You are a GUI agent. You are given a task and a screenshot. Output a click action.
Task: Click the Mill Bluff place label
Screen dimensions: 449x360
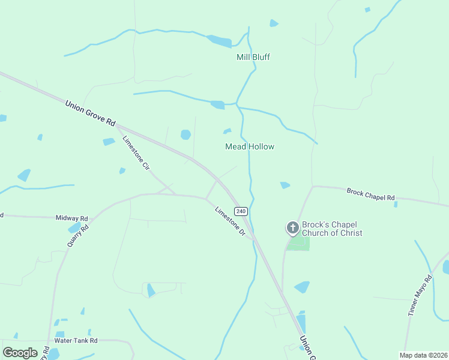click(x=253, y=57)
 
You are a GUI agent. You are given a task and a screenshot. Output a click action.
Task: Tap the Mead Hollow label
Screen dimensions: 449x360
click(x=249, y=146)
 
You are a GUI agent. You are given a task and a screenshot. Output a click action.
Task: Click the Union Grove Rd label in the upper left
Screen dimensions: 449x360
click(x=90, y=112)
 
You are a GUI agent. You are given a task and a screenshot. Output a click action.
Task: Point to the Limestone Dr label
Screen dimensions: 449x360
click(x=230, y=221)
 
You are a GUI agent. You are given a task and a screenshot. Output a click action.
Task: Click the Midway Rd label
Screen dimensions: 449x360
click(x=71, y=218)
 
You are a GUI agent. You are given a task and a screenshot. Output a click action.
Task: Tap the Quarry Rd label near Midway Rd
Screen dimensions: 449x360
click(x=78, y=239)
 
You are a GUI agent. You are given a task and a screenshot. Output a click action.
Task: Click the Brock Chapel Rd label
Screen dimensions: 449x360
click(x=370, y=194)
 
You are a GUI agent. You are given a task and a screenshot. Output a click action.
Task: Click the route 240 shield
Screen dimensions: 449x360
click(x=241, y=211)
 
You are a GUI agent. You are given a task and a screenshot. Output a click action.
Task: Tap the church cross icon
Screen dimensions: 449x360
click(x=292, y=227)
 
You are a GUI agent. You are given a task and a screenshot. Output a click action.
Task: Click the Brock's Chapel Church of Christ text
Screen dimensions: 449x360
click(x=332, y=227)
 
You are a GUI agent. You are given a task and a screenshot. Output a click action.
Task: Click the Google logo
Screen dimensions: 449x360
click(x=20, y=352)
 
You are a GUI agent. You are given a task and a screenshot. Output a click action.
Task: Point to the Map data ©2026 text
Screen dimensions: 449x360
click(x=423, y=355)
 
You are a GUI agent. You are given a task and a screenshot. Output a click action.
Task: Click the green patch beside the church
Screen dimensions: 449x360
click(x=299, y=243)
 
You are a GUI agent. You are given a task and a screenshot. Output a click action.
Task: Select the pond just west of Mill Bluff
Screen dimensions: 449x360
click(x=220, y=41)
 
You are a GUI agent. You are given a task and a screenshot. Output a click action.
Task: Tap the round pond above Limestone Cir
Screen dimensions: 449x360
click(x=185, y=134)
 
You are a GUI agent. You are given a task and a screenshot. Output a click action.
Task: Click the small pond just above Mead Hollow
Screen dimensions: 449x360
click(x=227, y=131)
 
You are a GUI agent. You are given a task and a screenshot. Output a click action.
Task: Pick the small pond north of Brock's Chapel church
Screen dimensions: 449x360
click(x=285, y=185)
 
